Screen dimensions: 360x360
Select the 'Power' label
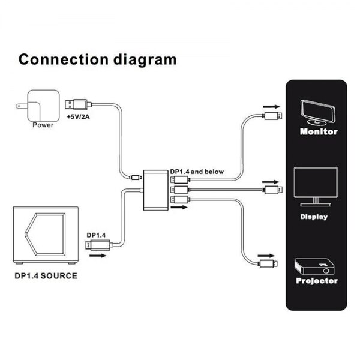(x=43, y=126)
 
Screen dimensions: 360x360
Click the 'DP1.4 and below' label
(x=196, y=172)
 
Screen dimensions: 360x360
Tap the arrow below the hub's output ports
(x=178, y=208)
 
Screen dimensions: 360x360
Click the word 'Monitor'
(x=317, y=131)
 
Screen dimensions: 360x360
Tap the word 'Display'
(x=314, y=217)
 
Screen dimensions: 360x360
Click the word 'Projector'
(x=317, y=281)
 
